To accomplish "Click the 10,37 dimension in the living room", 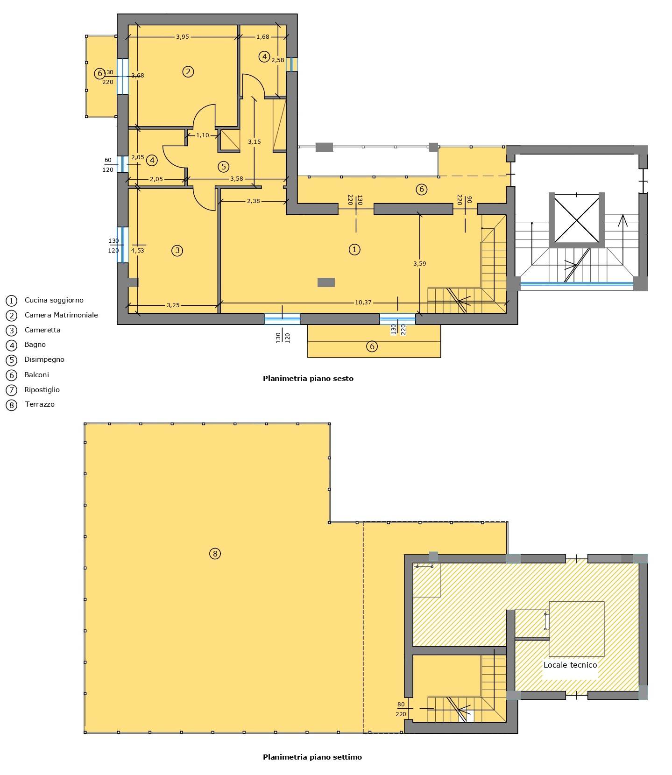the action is [x=363, y=303].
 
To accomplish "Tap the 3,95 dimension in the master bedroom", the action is [x=182, y=36].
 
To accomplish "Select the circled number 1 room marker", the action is [x=354, y=249].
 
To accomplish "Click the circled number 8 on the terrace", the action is [x=215, y=554].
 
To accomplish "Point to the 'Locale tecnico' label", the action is [x=570, y=665].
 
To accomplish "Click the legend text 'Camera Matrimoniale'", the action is [x=61, y=315].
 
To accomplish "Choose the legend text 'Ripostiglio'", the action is [x=42, y=390].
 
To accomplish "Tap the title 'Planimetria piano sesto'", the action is [x=308, y=379].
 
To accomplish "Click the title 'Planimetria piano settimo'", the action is [x=312, y=757].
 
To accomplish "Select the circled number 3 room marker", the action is [x=177, y=251].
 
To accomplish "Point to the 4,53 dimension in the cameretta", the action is [x=137, y=250].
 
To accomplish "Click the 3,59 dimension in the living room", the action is [x=419, y=263].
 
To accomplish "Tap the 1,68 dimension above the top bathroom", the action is [x=263, y=36].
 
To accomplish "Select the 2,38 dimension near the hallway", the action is [x=253, y=201].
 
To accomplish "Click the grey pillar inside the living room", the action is [x=326, y=282].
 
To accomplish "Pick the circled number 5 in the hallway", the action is [x=223, y=166].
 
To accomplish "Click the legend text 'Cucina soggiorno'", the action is [x=54, y=300].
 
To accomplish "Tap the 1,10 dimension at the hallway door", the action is [x=203, y=135].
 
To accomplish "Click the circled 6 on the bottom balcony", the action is [x=372, y=346].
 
